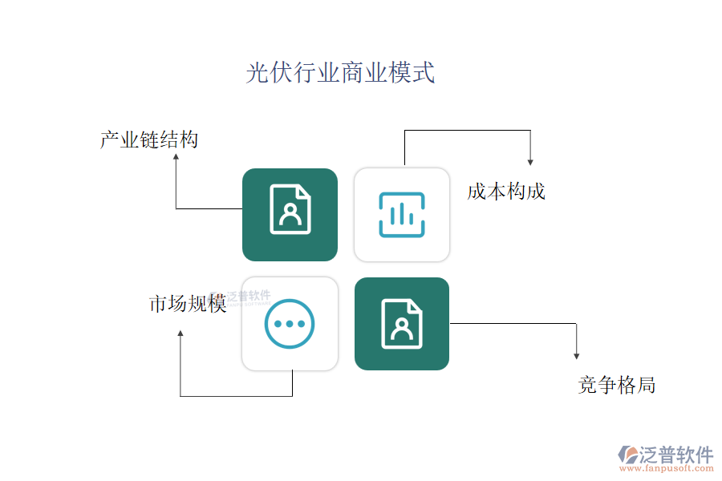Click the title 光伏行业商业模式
click(340, 73)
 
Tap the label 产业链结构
click(149, 139)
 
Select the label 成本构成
click(506, 192)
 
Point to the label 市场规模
click(188, 303)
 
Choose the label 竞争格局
click(617, 385)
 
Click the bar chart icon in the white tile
click(402, 215)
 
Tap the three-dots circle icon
click(290, 324)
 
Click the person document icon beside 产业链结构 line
click(290, 209)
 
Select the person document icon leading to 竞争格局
click(402, 324)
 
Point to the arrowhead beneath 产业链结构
click(176, 157)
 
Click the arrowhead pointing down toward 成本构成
click(530, 162)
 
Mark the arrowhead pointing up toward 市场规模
click(180, 333)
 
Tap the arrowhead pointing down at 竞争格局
click(577, 356)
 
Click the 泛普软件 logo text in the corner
click(676, 455)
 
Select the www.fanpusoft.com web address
click(667, 468)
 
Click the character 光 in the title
click(258, 73)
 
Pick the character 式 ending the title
click(424, 73)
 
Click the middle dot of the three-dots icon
click(290, 324)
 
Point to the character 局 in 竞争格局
click(646, 385)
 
